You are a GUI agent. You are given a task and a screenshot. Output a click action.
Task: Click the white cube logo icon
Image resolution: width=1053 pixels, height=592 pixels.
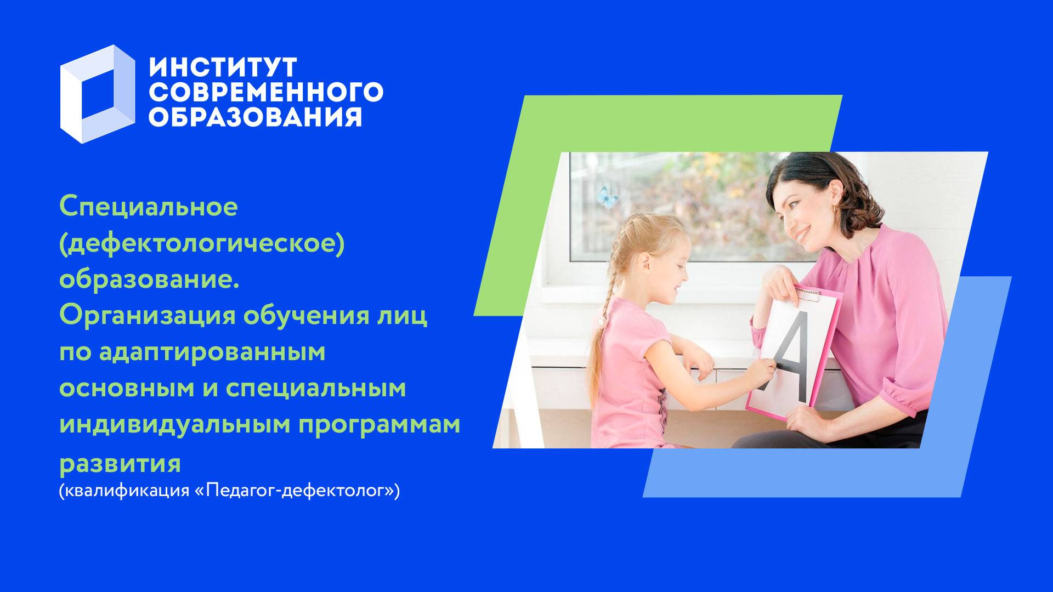[x=97, y=94]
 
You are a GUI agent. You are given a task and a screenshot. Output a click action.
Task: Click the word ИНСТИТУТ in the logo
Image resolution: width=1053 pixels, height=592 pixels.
[x=223, y=68]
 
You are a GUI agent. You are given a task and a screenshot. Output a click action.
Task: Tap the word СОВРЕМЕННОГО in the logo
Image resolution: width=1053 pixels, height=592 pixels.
[x=266, y=92]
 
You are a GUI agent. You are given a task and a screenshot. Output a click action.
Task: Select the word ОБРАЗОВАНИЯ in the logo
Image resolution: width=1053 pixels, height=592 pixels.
[x=256, y=116]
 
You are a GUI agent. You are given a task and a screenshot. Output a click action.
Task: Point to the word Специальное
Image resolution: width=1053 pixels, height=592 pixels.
[x=149, y=207]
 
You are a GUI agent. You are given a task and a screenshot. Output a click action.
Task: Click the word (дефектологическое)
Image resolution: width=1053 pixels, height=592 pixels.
[x=202, y=243]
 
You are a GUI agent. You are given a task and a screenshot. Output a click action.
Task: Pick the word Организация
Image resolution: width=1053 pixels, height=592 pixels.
[x=147, y=316]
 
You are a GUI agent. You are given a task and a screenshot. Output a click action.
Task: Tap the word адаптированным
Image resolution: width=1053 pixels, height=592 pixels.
[x=212, y=352]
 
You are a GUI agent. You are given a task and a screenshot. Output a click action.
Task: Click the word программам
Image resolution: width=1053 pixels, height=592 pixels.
[x=380, y=424]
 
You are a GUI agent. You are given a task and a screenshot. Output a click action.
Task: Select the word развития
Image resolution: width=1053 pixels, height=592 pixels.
[x=120, y=463]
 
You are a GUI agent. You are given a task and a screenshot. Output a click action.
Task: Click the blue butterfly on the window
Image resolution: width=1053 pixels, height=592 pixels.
[x=607, y=196]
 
